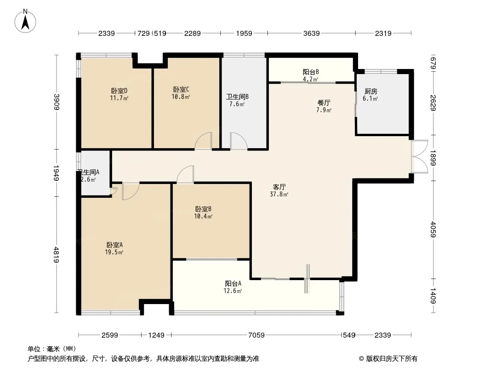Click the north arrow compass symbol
25,21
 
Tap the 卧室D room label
119,91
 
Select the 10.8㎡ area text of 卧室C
181,97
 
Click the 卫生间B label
237,97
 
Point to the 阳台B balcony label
311,72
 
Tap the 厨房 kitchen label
370,91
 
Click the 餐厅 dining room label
324,103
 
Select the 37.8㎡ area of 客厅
279,194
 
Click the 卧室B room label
204,209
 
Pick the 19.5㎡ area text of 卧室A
114,253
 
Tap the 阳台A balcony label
233,283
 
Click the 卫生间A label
89,172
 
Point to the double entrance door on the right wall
419,156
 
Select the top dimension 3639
311,33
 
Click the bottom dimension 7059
256,335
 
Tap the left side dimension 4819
56,255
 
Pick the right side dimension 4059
433,229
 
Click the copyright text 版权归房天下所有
392,359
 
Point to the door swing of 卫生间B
239,141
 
